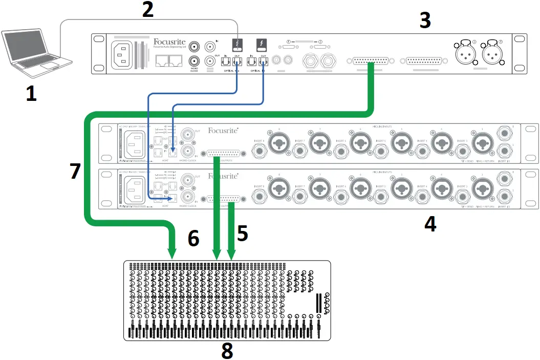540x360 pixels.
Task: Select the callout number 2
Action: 147,10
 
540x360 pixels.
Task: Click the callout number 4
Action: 430,223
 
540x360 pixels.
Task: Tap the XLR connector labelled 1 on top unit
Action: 493,52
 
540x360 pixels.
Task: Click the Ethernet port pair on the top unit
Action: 168,61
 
